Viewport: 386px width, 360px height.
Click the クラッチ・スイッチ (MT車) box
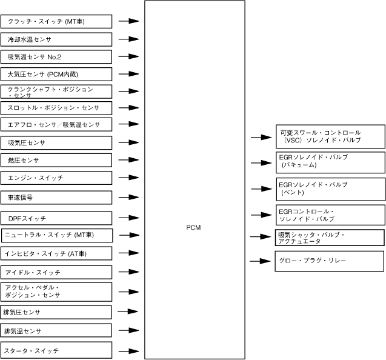tap(56, 21)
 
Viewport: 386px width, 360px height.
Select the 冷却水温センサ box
tap(56, 39)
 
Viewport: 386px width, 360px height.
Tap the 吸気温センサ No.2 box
tap(56, 57)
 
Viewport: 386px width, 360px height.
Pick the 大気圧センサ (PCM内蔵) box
tap(56, 74)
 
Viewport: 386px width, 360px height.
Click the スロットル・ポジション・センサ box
tap(56, 108)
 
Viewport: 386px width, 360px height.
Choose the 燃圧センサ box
tap(56, 160)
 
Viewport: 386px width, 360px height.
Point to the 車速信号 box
tap(56, 197)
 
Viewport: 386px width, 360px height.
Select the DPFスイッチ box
tap(56, 218)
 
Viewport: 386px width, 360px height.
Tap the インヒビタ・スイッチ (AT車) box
tap(56, 253)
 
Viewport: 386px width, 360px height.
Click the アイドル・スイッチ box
tap(56, 272)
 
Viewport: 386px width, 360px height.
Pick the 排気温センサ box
tap(56, 330)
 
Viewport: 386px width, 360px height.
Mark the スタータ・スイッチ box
tap(56, 350)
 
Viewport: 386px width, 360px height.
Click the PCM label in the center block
tap(194, 227)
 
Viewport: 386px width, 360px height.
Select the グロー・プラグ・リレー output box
tap(330, 261)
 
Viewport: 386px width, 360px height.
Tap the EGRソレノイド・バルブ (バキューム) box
tap(330, 162)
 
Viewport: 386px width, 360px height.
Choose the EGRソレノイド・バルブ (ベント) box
tap(330, 188)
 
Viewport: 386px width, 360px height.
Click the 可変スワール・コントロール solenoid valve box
tap(330, 136)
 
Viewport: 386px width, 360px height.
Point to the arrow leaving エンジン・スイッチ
tap(128, 178)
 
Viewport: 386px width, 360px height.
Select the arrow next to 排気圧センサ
tap(128, 312)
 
